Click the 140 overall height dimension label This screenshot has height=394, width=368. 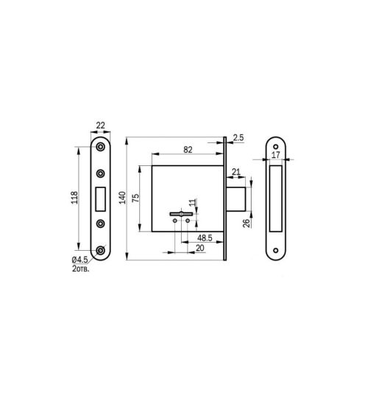click(122, 198)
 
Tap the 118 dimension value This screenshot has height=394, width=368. click(74, 198)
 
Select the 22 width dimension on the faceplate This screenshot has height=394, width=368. click(101, 125)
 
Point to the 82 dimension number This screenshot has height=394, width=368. click(188, 150)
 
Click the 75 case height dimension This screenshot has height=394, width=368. click(135, 198)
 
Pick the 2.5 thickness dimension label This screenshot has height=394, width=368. click(238, 138)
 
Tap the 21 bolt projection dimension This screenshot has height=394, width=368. click(236, 172)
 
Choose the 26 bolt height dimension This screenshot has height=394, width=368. click(247, 223)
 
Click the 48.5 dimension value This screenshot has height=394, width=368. click(205, 238)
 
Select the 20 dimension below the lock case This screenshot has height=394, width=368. click(199, 248)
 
